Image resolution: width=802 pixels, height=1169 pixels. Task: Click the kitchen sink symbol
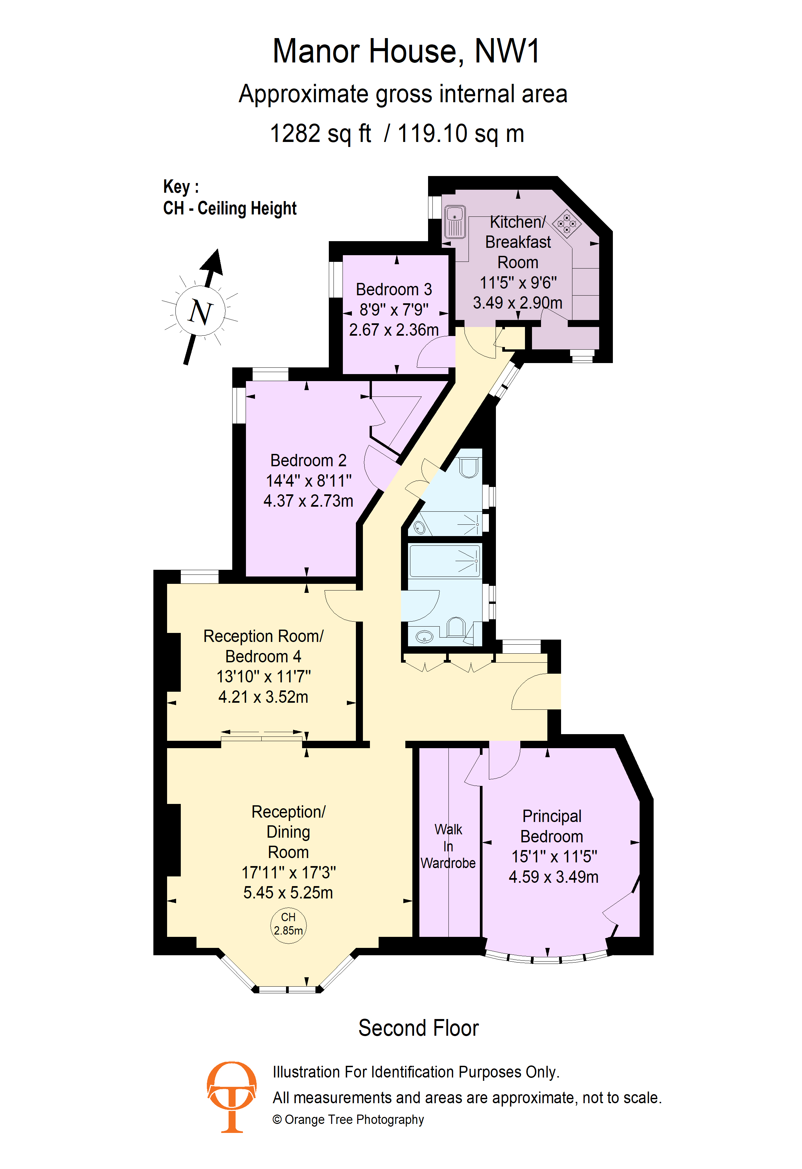(x=454, y=221)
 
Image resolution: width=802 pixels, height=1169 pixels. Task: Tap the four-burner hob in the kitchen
(x=566, y=223)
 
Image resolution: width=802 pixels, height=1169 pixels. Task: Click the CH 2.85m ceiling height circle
(x=288, y=926)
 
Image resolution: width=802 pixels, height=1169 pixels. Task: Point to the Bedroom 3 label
(x=394, y=289)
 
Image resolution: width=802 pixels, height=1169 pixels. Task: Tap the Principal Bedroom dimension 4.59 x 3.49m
(x=553, y=877)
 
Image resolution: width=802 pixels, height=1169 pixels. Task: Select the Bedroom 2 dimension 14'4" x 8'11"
(x=308, y=481)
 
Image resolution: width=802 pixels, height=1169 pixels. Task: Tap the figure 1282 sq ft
(x=320, y=134)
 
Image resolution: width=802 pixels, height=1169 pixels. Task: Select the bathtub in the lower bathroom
(x=445, y=560)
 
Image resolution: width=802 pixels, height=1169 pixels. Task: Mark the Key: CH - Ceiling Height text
(x=230, y=198)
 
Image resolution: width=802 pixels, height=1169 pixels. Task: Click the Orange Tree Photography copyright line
(x=348, y=1120)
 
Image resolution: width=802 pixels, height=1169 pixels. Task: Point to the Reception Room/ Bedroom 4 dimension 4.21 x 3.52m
(x=263, y=697)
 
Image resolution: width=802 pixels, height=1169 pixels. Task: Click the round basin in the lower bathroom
(x=424, y=637)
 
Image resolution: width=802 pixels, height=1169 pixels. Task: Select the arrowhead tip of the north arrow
(x=218, y=248)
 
